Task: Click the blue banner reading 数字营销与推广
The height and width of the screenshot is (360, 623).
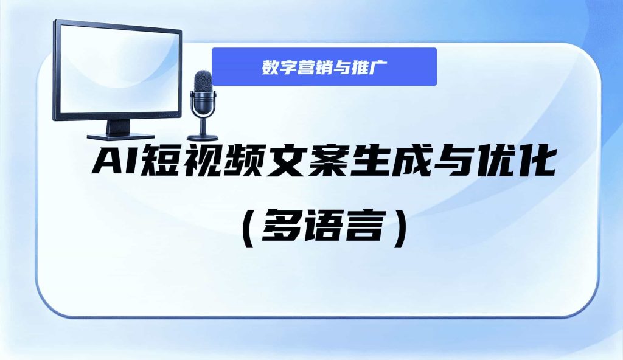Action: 324,67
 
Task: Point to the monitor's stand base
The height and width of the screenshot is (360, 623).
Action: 116,137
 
